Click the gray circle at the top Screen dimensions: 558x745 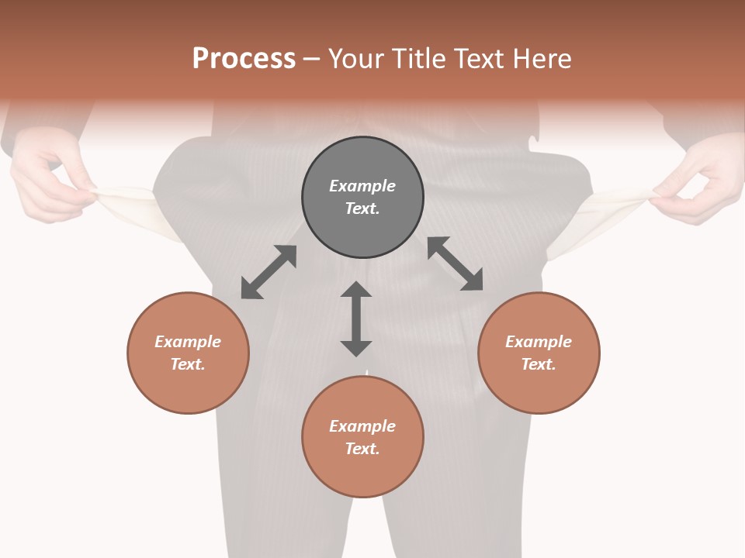point(362,198)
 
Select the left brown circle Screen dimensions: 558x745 point(188,353)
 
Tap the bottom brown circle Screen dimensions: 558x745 point(362,436)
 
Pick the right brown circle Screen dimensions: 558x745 point(539,353)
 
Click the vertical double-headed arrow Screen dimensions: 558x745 point(356,319)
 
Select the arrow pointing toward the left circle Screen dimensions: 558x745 point(269,272)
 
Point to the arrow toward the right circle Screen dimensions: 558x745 point(456,263)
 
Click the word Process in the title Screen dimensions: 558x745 point(244,59)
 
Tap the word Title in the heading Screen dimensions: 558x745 point(418,59)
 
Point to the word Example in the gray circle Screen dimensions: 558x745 point(362,186)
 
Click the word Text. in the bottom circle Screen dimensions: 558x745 point(362,449)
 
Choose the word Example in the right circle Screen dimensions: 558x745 point(539,342)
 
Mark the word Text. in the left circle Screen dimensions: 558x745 point(188,364)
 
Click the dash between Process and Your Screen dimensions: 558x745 point(312,59)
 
